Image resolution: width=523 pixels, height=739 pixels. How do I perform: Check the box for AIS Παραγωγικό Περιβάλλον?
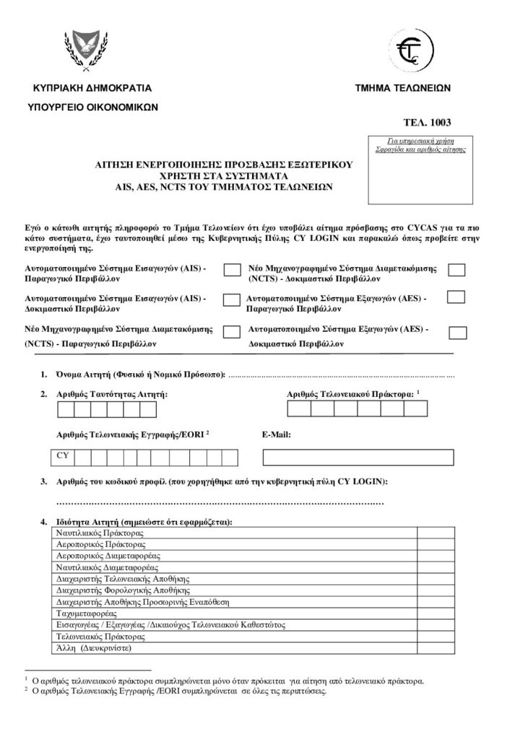[232, 270]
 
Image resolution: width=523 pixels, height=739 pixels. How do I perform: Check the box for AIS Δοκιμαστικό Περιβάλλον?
[232, 299]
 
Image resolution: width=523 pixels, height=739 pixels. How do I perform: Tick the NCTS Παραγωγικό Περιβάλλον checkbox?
[232, 331]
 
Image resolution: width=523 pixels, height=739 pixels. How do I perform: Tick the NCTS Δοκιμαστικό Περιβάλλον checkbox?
[457, 270]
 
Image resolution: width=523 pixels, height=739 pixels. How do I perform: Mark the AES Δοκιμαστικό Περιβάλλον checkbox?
[457, 332]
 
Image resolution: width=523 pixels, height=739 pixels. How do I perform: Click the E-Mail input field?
[358, 457]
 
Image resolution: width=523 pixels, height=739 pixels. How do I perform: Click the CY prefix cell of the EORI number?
[62, 457]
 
